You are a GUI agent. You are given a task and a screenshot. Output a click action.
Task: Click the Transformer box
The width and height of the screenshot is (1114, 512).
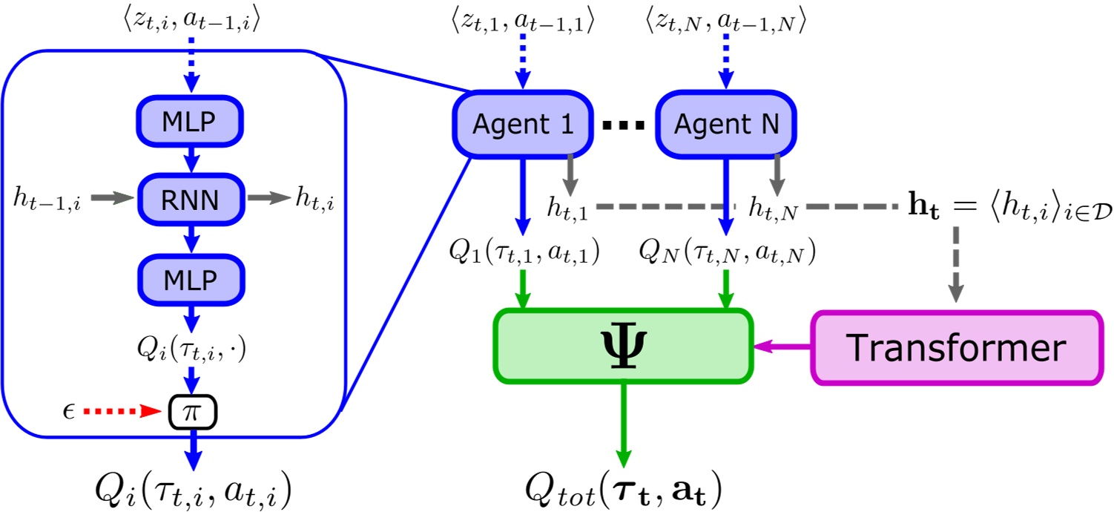(x=956, y=348)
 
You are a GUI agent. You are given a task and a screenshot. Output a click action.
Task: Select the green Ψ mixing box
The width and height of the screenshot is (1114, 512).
(x=624, y=347)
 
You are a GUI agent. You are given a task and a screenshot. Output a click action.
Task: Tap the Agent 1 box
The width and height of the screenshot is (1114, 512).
(x=523, y=124)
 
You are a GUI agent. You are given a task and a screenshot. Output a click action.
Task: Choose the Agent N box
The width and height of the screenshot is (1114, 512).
(x=727, y=124)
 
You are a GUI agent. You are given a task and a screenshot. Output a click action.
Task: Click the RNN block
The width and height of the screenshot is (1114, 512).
(x=191, y=198)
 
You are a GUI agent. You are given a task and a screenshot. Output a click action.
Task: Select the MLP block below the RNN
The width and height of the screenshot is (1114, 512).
(x=191, y=280)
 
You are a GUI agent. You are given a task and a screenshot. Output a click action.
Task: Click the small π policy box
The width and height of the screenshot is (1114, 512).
(x=192, y=412)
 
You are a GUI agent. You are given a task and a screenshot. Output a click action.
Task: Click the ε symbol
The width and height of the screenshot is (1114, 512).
(x=70, y=410)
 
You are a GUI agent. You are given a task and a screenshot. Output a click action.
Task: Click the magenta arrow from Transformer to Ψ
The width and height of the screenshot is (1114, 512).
(x=782, y=347)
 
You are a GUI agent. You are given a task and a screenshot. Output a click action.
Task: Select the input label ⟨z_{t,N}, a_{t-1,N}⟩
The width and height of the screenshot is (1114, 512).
(x=726, y=24)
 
